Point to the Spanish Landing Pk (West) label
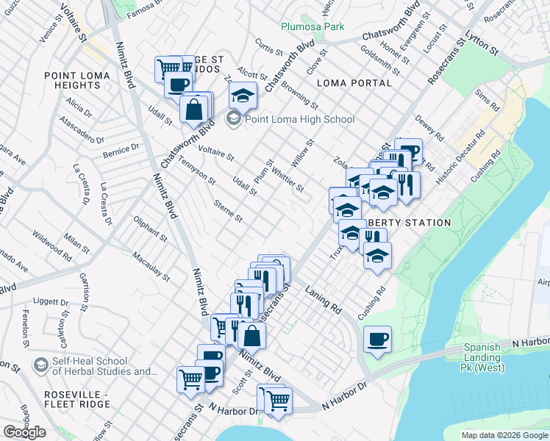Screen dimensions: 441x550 [482, 353]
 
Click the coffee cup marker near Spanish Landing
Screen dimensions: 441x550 [377, 339]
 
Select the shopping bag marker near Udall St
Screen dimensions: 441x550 [193, 110]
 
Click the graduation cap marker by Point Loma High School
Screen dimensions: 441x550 [242, 95]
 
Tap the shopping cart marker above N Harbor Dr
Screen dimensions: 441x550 [279, 401]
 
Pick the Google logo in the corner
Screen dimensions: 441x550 [24, 432]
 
